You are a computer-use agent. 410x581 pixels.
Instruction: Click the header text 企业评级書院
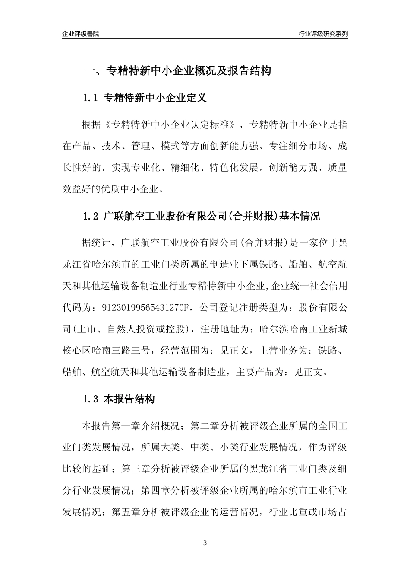[81, 33]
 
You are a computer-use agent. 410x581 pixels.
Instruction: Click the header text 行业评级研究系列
[323, 33]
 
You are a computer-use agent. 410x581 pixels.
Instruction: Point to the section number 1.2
[91, 216]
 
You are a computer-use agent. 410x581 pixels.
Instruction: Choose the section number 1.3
[91, 399]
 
